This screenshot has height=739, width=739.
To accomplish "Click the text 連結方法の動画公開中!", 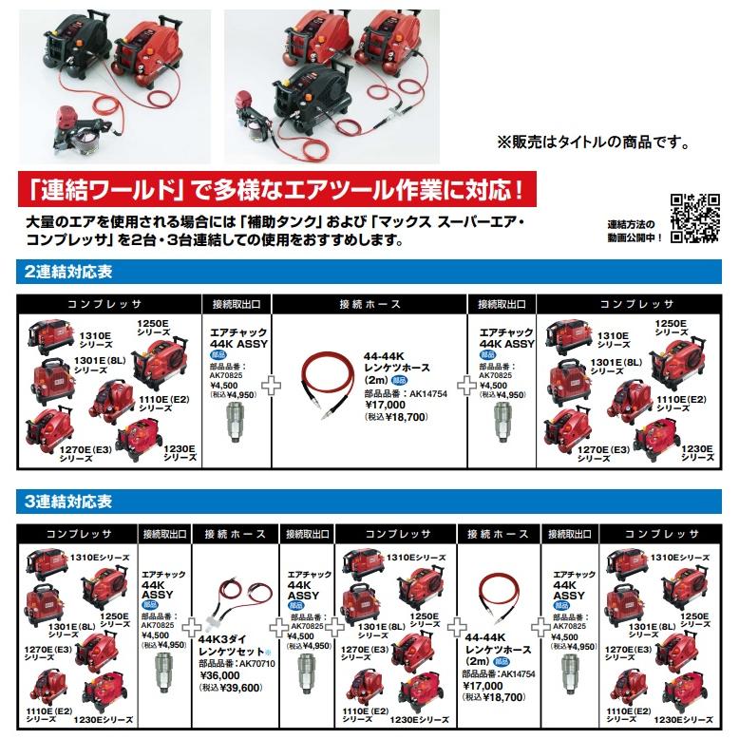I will point(634,230).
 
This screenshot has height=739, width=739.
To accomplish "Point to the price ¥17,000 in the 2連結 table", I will point(391,402).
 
